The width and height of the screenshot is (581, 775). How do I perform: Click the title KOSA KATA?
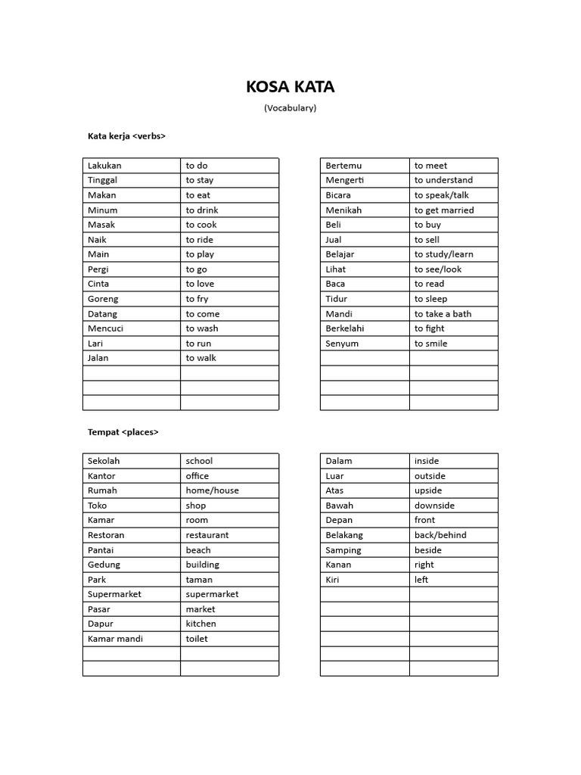tap(290, 87)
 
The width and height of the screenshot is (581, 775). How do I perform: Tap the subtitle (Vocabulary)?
tap(290, 107)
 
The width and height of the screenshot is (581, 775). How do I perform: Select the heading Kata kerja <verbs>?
tap(126, 136)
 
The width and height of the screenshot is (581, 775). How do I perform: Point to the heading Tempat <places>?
tap(123, 431)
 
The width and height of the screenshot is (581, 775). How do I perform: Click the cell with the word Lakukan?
tap(104, 165)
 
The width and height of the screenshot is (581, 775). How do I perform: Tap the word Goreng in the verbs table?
tap(103, 299)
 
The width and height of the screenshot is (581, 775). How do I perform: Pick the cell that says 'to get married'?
tap(443, 210)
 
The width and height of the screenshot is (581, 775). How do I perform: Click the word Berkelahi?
tap(344, 328)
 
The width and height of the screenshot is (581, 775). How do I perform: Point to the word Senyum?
tap(342, 344)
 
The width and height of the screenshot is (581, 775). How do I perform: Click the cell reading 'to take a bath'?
tap(443, 314)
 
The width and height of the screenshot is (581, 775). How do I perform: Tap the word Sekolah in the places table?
tap(104, 461)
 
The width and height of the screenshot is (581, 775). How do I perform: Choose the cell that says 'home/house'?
tap(212, 490)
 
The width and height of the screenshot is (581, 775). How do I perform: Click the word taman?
tap(199, 580)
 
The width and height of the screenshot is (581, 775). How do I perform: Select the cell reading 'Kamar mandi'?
tap(115, 639)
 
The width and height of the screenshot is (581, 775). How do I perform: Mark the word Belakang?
tap(344, 535)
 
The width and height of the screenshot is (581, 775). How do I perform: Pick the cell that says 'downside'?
tap(434, 506)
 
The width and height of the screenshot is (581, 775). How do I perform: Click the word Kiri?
tap(332, 580)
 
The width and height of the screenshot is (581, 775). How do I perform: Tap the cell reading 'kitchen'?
tap(200, 624)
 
